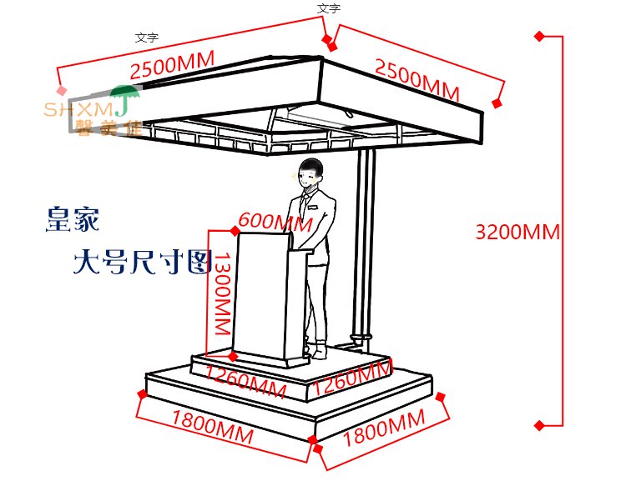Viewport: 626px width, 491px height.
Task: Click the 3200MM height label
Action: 517,232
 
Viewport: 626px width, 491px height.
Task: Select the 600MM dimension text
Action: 275,223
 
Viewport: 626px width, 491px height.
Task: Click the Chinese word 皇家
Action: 73,219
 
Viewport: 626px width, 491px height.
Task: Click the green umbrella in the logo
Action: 124,97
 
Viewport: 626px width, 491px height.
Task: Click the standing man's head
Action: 312,173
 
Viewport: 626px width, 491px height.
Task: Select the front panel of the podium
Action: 260,296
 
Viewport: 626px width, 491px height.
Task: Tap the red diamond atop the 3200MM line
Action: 539,37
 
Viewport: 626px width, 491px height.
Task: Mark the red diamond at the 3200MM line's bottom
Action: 539,425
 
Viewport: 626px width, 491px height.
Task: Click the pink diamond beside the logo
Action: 60,91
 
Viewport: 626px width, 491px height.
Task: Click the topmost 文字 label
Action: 329,8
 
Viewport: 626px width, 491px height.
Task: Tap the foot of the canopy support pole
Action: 361,339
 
